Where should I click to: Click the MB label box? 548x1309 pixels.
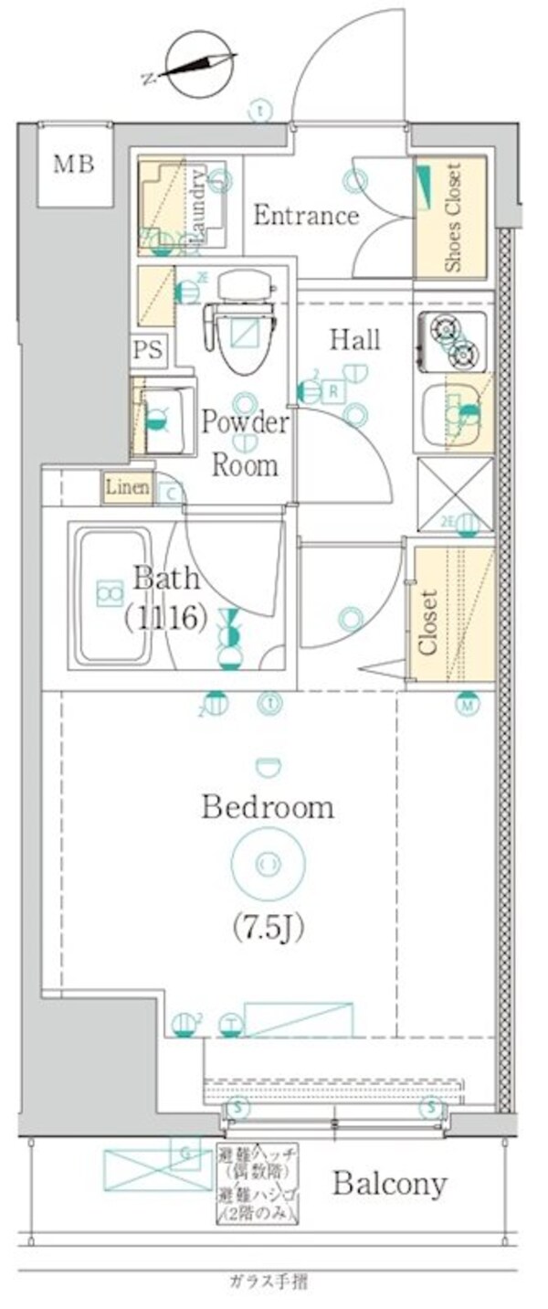[74, 165]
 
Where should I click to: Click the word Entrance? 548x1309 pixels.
[306, 217]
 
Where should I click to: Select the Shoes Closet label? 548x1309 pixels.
[452, 217]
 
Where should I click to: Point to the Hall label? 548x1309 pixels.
[354, 340]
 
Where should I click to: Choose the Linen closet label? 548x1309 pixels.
[127, 488]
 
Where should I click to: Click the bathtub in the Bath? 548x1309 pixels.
[112, 595]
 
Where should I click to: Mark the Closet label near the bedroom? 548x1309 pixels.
[427, 622]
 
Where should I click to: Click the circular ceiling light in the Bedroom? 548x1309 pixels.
[267, 863]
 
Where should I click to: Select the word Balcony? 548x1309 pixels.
[389, 1184]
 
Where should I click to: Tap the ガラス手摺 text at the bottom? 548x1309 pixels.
[268, 1282]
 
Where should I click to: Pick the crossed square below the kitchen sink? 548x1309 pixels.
[455, 495]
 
